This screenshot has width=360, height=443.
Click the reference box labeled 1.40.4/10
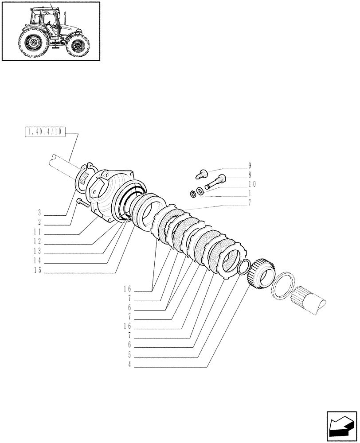point(44,132)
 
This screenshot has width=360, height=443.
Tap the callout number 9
point(250,166)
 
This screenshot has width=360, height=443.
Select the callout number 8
point(250,175)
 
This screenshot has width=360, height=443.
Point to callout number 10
point(252,184)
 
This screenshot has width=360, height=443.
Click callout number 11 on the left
point(39,232)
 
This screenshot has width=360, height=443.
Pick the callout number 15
point(39,271)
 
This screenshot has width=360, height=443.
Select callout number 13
point(39,251)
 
